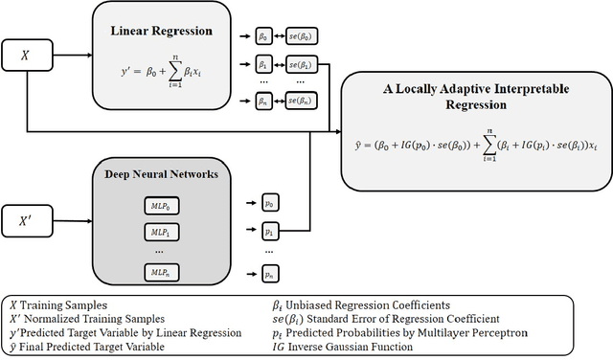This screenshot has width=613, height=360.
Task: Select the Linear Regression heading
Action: point(163,30)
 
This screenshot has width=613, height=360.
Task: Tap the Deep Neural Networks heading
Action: point(163,174)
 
